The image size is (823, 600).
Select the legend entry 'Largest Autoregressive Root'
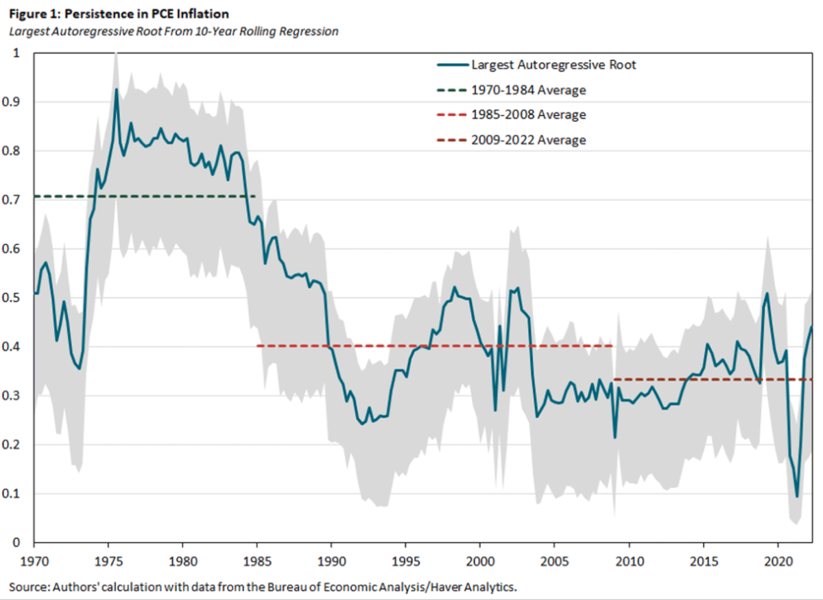pyautogui.click(x=553, y=65)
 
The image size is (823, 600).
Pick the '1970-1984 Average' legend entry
pyautogui.click(x=528, y=90)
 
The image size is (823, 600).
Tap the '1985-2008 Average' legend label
pyautogui.click(x=528, y=115)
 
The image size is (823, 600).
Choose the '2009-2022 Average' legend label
pyautogui.click(x=528, y=140)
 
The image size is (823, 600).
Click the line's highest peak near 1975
pyautogui.click(x=116, y=89)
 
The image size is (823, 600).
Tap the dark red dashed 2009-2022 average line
pyautogui.click(x=713, y=379)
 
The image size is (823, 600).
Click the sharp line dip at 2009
pyautogui.click(x=615, y=437)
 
